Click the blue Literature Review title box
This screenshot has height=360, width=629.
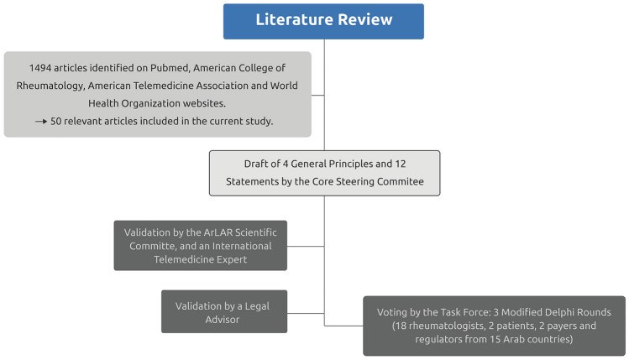[323, 22]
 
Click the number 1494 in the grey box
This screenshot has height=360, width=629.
[40, 68]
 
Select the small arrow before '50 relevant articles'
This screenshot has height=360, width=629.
[41, 121]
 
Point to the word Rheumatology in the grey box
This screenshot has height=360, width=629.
[49, 86]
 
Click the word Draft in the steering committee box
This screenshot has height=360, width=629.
[254, 164]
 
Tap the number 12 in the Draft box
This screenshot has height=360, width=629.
[401, 164]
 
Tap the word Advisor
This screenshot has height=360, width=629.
[223, 320]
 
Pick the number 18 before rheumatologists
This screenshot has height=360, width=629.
[401, 326]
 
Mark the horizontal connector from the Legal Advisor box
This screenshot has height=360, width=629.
[306, 313]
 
